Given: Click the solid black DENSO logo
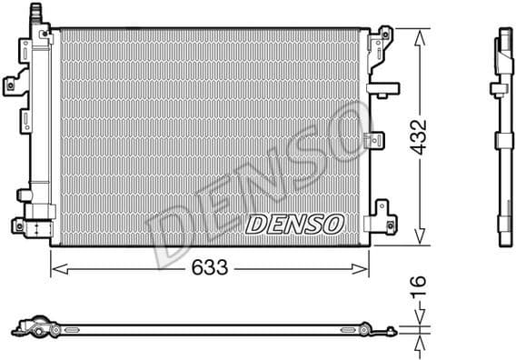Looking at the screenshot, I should point(293,223).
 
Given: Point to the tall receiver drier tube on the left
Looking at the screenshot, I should point(38,118).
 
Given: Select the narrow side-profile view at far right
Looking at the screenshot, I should point(502,136).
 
